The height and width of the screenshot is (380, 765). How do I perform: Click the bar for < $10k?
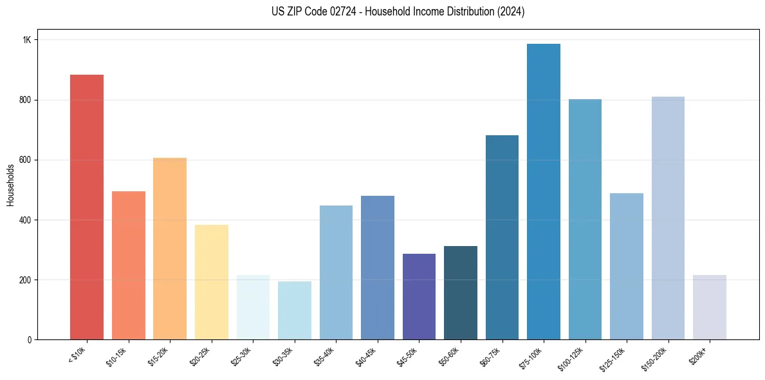point(87,207)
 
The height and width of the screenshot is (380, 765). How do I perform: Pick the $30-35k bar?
point(295,310)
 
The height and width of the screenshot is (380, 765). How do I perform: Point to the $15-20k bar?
point(170,249)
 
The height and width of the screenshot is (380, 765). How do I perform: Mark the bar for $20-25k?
point(212,282)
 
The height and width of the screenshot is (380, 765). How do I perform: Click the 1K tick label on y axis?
point(26,40)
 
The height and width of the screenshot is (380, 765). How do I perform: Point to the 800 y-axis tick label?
point(25,100)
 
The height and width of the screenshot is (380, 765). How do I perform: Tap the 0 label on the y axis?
point(29,340)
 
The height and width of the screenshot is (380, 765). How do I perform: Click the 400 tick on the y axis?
point(25,220)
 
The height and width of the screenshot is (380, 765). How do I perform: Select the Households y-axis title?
point(10,185)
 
